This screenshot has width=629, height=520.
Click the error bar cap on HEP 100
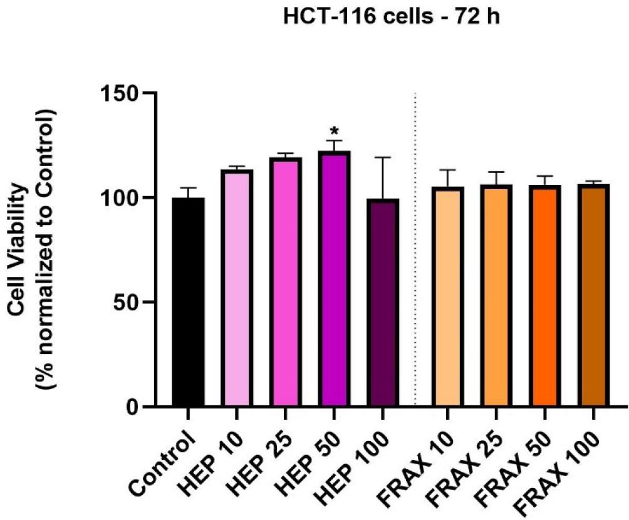click(x=382, y=157)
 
